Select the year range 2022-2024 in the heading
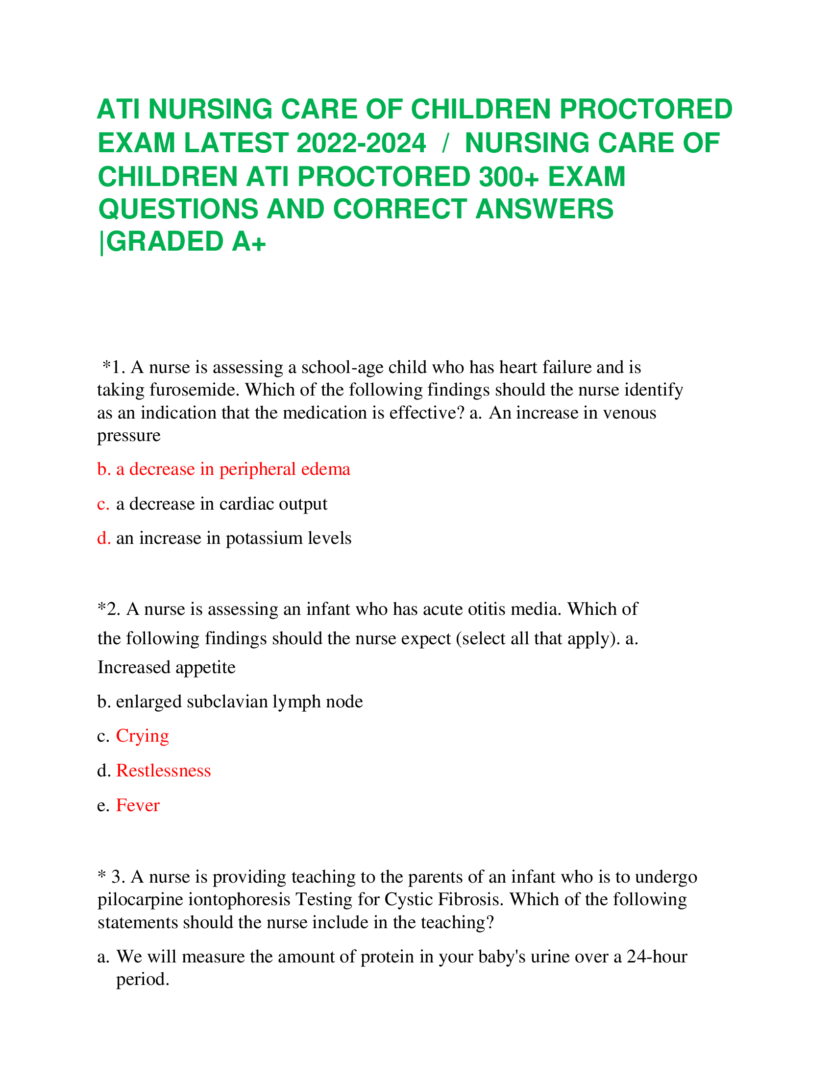click(361, 143)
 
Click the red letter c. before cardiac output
click(103, 504)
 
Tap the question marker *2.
click(109, 609)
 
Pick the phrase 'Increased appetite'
click(166, 667)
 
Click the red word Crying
click(142, 736)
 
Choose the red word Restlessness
click(163, 771)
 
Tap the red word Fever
click(138, 805)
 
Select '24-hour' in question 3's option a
click(657, 957)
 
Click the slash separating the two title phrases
click(445, 143)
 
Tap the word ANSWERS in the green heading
click(544, 209)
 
